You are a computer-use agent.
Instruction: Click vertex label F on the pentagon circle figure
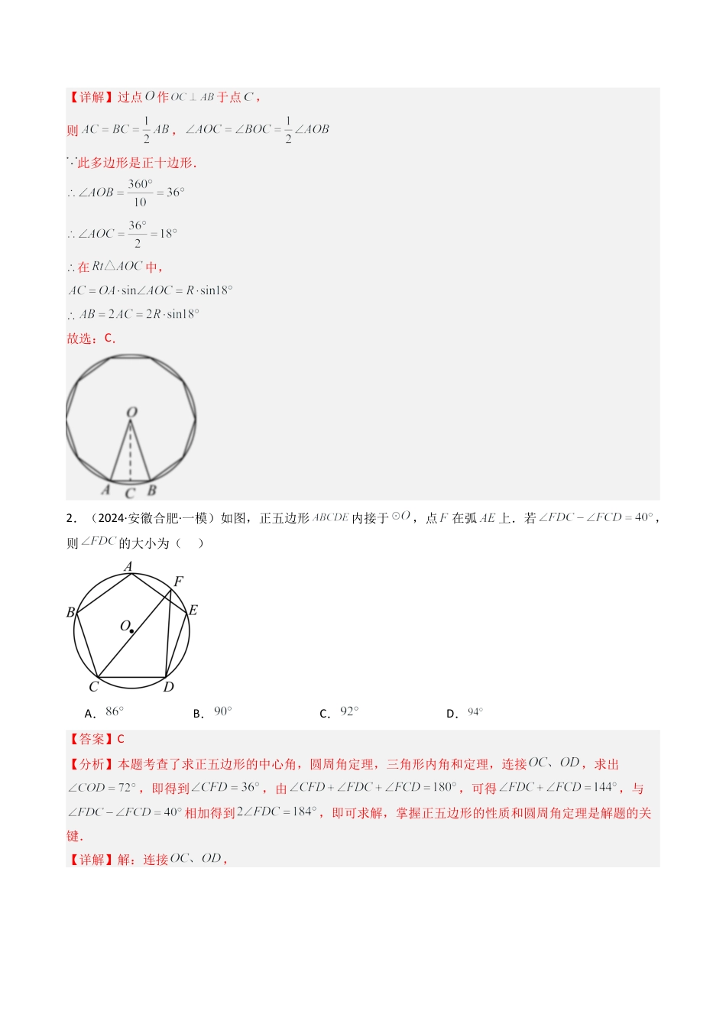pos(179,582)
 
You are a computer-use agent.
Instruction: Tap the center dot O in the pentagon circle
pos(132,631)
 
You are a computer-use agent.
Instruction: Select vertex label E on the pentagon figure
pos(193,610)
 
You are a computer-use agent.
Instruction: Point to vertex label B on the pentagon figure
pos(70,612)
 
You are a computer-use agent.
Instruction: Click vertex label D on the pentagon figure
pos(169,686)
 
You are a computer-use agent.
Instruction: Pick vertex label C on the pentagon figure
pos(93,686)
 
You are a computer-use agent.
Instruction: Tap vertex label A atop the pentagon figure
pos(128,567)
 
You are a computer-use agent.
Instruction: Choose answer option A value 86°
pos(115,712)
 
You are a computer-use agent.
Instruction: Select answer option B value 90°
pos(223,712)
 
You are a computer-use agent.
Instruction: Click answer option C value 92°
pos(349,712)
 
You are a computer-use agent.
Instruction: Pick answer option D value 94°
pos(475,712)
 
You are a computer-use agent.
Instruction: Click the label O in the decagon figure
pos(131,413)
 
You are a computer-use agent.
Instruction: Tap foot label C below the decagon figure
pos(130,494)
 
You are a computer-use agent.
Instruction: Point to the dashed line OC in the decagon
pos(131,455)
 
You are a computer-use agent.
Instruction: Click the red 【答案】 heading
pos(92,739)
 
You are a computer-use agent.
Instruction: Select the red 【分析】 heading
pos(92,764)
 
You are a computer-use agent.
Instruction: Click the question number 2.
pos(70,518)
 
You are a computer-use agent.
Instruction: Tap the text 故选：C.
pos(91,338)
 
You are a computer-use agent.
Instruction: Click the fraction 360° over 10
pos(140,193)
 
